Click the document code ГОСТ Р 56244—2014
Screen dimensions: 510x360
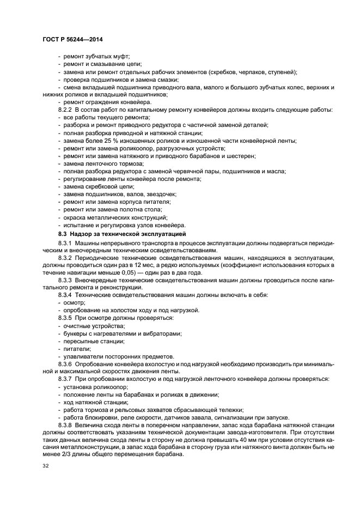72,40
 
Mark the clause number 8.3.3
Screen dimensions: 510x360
65,280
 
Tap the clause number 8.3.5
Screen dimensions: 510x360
65,318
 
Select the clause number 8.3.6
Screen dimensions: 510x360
65,363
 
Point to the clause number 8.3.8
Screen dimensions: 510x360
65,424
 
